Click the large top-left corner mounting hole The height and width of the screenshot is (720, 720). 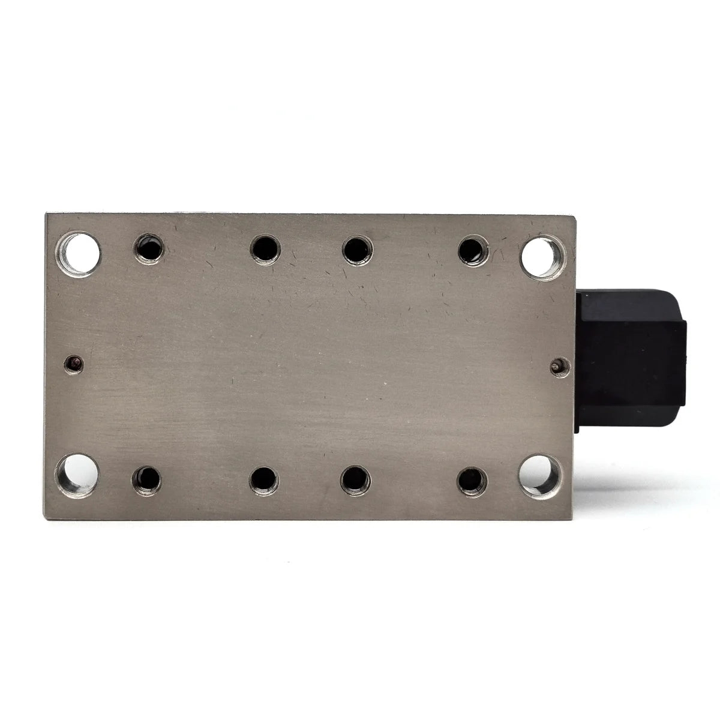tap(78, 254)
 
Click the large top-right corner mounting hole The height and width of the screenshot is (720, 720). tap(540, 256)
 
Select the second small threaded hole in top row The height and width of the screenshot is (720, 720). tap(265, 248)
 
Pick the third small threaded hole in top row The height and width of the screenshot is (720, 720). tap(356, 249)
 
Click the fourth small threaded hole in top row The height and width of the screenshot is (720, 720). tap(473, 249)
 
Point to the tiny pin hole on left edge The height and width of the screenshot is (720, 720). tap(74, 363)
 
